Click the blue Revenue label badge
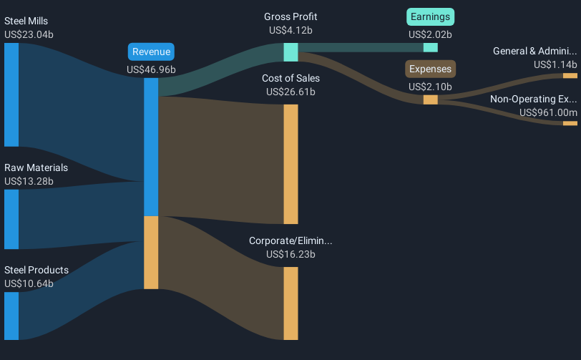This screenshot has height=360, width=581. click(x=151, y=52)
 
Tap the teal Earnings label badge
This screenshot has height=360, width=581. click(x=430, y=16)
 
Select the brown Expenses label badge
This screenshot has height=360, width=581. click(x=430, y=69)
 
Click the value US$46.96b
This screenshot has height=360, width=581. click(x=151, y=69)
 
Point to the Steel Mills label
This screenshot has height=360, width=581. click(x=26, y=21)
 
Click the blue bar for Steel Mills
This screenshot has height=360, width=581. click(x=11, y=94)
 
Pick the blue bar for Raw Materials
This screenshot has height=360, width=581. click(x=11, y=219)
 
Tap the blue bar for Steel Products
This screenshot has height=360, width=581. click(x=11, y=316)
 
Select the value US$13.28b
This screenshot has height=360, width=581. click(x=29, y=181)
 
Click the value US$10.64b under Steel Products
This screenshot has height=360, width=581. click(x=29, y=283)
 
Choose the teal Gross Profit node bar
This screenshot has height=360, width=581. click(x=290, y=52)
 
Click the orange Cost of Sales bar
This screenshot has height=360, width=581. click(x=290, y=164)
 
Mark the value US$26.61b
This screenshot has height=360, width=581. click(x=290, y=92)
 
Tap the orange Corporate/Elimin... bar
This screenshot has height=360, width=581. click(x=290, y=303)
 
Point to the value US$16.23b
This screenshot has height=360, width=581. click(x=290, y=254)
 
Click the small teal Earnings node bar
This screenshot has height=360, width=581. click(x=430, y=47)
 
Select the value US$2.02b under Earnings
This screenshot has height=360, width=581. click(x=430, y=34)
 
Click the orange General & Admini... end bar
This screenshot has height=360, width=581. click(x=570, y=75)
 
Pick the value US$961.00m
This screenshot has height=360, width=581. click(x=548, y=112)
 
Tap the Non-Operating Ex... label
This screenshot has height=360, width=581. click(x=533, y=99)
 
